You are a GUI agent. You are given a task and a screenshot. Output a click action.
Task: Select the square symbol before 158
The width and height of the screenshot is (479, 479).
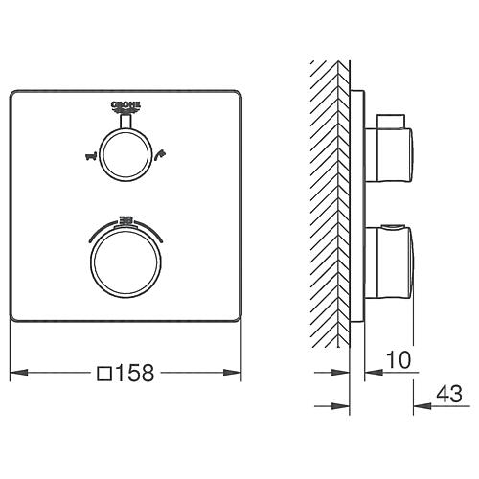[103, 370]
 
